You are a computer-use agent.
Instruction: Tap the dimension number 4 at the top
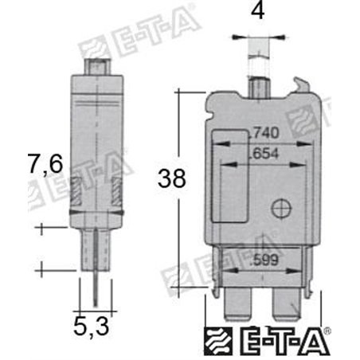coord(257,14)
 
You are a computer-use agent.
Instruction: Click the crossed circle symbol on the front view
coord(280,208)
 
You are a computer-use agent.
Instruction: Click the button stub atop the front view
coord(257,83)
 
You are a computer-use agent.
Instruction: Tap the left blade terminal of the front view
coord(238,303)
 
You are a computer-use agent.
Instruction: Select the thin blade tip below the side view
coord(96,287)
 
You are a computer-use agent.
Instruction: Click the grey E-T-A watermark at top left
coord(119,41)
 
